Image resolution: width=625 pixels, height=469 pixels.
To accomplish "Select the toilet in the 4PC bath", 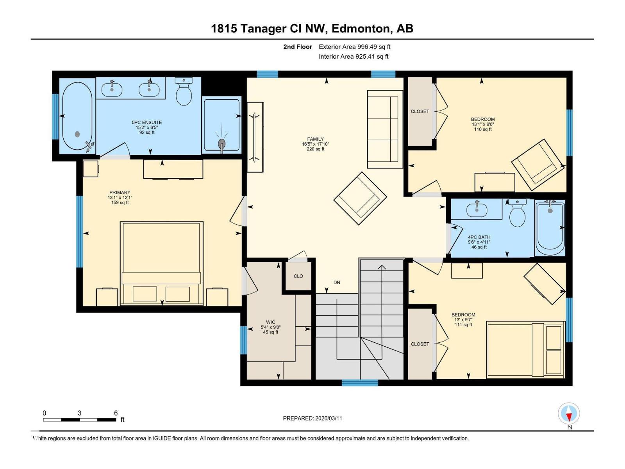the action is point(517,213).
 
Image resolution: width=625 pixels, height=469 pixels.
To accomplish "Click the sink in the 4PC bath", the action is point(477,209).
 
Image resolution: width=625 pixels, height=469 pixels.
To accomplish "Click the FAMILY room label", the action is point(315,139).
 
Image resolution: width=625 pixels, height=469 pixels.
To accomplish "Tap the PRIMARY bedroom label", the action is point(120,193).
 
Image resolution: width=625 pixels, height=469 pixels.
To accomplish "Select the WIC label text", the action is point(270,322).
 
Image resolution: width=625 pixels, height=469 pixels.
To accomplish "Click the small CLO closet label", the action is point(298,276).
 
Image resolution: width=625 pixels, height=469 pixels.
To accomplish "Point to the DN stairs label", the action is point(337,283).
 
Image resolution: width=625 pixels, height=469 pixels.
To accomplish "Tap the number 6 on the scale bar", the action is point(116,413).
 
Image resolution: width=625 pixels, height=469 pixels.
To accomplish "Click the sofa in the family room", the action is point(385,129).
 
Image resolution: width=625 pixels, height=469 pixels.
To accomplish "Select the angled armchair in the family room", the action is point(360,198).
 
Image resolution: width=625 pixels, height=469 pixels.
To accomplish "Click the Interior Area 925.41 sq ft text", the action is point(354,56).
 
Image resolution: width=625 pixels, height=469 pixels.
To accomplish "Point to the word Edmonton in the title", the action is point(361,29).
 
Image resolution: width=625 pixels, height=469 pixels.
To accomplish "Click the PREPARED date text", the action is point(312,418).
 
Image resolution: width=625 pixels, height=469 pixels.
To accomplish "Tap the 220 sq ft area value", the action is point(316,149).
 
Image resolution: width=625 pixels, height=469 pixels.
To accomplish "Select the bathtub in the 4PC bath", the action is point(550,227).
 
